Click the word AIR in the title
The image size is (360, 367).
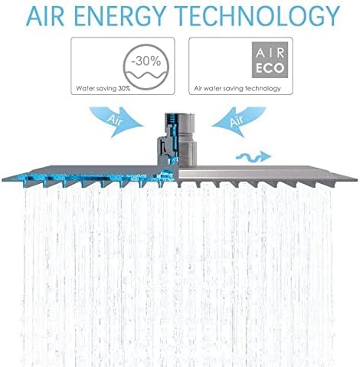click(x=45, y=15)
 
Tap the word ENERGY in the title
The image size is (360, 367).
click(x=119, y=15)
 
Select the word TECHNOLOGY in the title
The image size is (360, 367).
click(x=258, y=15)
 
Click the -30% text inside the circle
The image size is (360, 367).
click(x=146, y=61)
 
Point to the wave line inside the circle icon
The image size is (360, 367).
click(x=146, y=75)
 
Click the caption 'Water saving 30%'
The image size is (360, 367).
click(x=103, y=89)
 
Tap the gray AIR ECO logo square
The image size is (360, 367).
click(x=270, y=60)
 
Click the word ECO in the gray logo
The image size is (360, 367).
click(x=270, y=68)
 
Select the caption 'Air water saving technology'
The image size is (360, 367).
click(x=237, y=89)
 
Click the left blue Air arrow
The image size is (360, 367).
click(x=116, y=121)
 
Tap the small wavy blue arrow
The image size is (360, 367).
click(x=254, y=156)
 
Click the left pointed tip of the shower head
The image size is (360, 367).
click(x=2, y=179)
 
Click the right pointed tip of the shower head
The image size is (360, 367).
click(x=356, y=179)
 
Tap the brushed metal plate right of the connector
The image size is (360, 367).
click(x=266, y=174)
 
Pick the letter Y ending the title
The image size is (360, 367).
click(x=331, y=15)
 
